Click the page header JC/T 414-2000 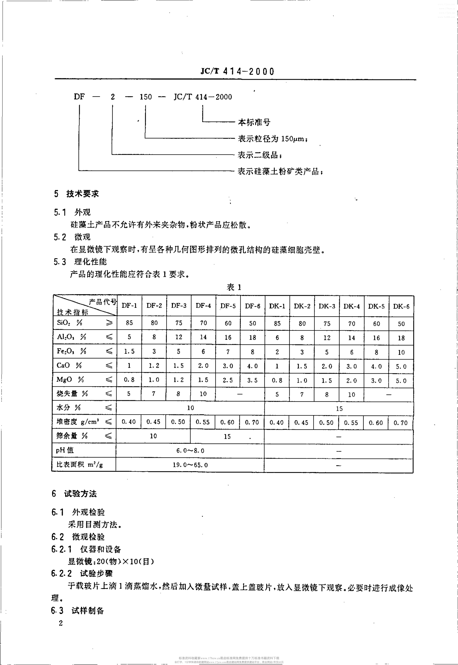237,71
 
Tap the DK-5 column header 376,306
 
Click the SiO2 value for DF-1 129,323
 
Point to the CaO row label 69,365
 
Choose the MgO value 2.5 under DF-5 228,380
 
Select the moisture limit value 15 339,408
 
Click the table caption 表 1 234,287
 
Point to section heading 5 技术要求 76,194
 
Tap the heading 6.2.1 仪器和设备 86,549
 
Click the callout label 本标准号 254,122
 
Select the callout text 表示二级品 259,155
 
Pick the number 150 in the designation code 145,97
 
